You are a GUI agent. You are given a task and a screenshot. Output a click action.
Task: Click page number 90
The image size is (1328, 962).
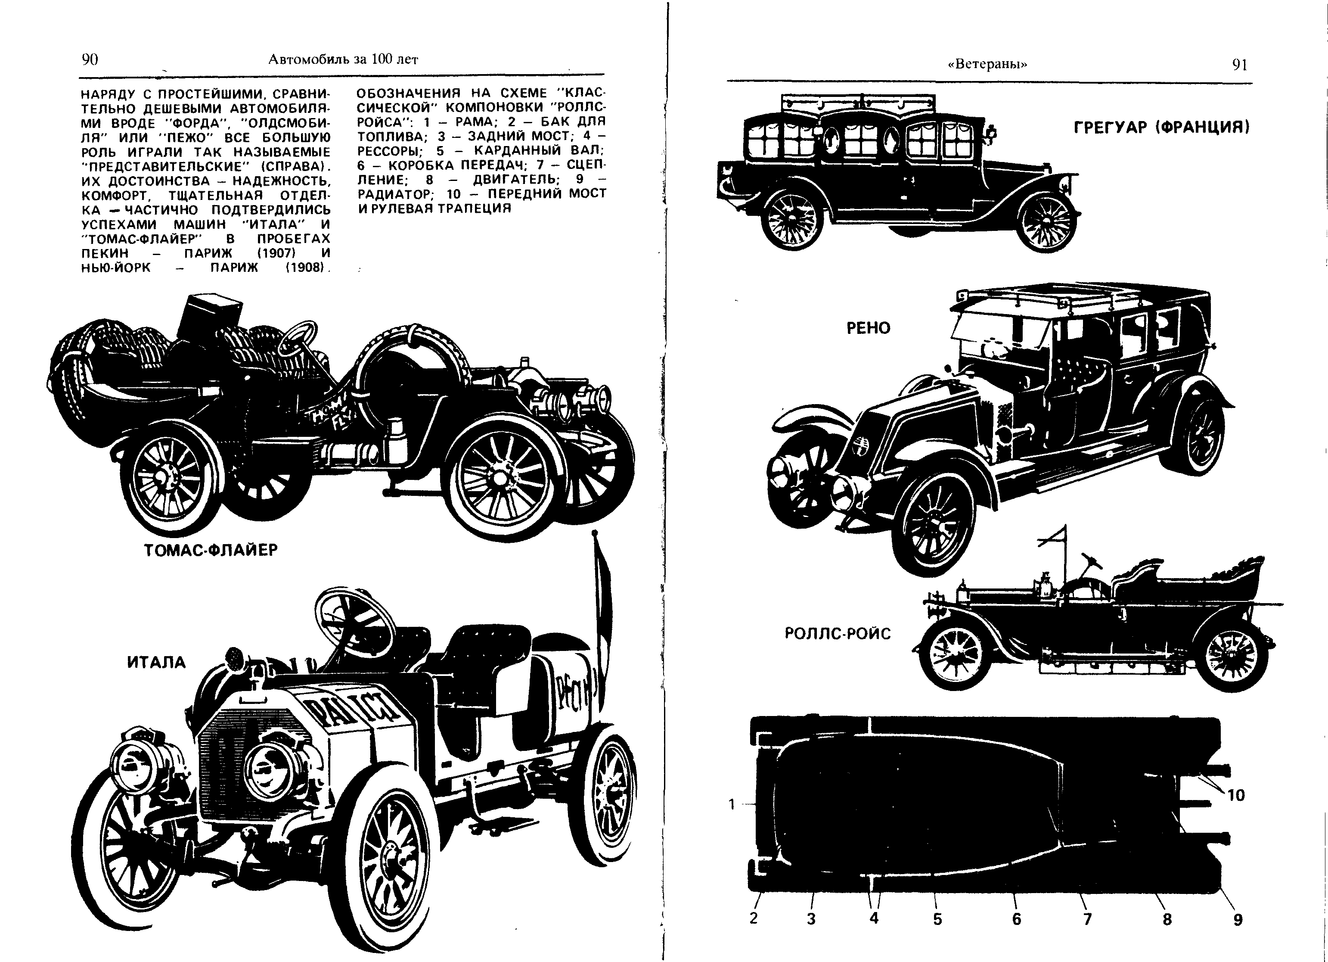point(90,59)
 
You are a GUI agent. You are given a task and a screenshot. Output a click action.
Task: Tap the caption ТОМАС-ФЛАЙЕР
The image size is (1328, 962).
point(211,550)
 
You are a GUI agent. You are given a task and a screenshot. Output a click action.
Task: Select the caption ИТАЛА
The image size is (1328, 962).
point(156,662)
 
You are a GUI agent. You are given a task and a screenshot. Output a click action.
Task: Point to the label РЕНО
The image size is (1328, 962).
point(869,328)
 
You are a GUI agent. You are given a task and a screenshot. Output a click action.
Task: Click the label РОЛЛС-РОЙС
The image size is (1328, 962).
point(837,633)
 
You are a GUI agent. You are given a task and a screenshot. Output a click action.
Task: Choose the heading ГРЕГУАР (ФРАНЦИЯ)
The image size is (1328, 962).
point(1162,127)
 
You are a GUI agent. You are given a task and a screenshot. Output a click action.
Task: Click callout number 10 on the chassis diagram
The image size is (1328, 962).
point(1235,795)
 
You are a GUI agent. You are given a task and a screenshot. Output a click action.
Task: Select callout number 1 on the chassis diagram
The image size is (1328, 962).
point(731,804)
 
